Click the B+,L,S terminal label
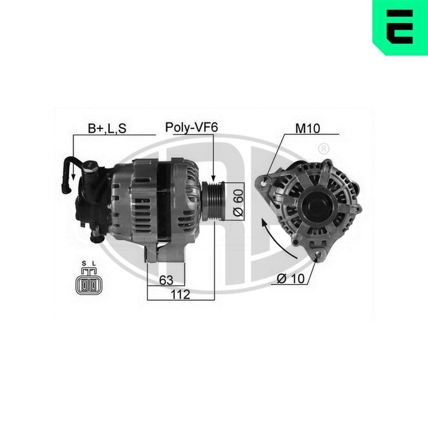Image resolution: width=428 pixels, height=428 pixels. click(x=107, y=128)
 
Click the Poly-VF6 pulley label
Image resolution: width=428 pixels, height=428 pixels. click(x=192, y=128)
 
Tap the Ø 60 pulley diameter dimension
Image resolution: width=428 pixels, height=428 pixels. click(x=238, y=202)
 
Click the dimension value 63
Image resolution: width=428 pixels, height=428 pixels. click(x=166, y=280)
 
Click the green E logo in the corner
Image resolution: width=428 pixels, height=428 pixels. click(x=400, y=28)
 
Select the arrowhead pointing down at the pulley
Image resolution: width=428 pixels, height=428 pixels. click(x=212, y=177)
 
